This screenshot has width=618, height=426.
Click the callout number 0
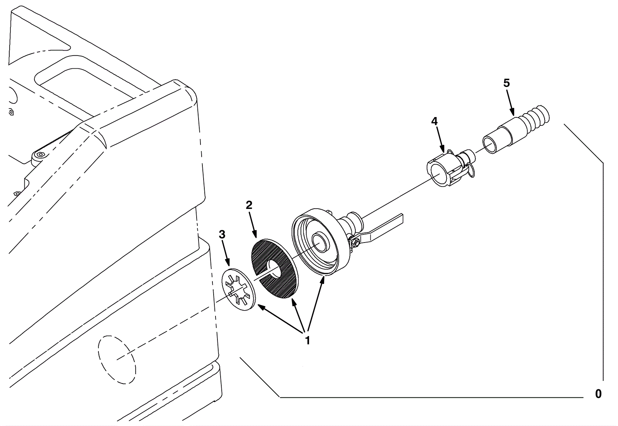[x=598, y=394]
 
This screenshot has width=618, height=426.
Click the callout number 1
[x=307, y=341]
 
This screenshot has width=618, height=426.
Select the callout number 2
[x=249, y=205]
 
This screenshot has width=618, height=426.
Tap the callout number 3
[x=222, y=234]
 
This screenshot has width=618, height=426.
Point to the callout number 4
[x=435, y=121]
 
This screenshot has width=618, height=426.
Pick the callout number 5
[x=506, y=83]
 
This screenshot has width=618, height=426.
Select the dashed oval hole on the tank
[x=116, y=360]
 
